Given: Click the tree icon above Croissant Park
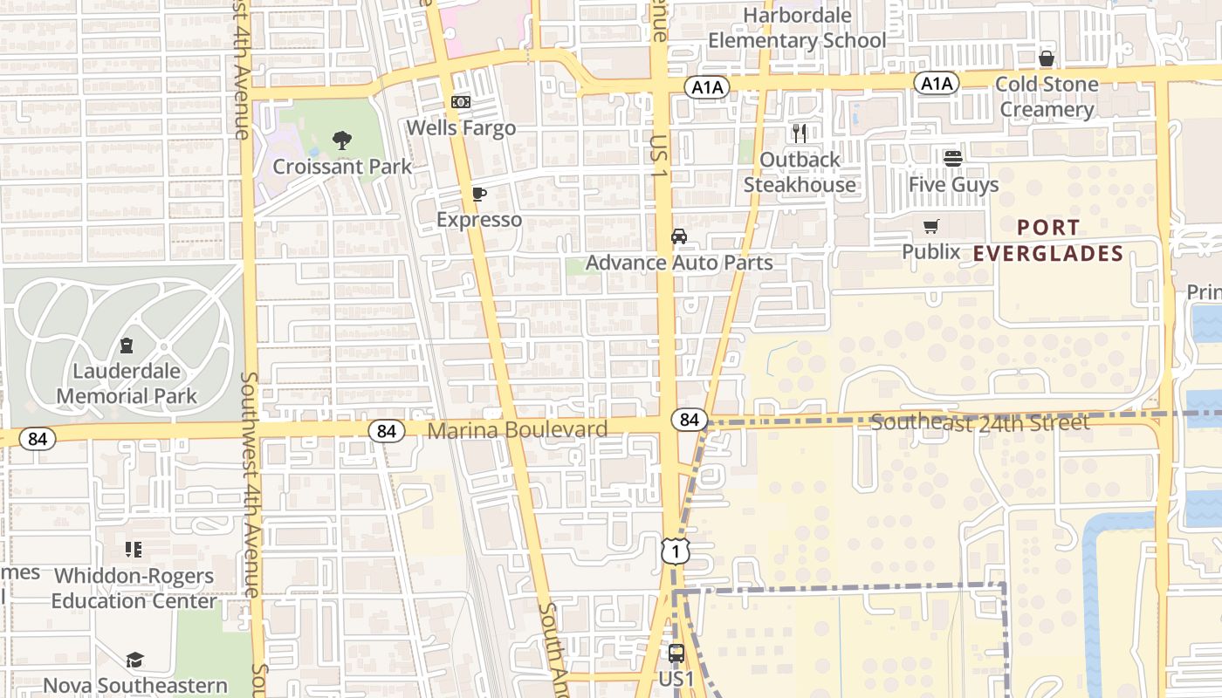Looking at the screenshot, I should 342,140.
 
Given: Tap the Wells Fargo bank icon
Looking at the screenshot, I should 461,102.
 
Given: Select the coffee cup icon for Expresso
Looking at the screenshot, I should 478,194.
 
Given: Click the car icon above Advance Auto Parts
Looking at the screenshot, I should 678,236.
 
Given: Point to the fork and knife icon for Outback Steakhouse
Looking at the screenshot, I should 800,133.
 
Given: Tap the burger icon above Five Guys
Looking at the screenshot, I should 952,159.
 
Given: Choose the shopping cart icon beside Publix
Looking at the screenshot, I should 931,227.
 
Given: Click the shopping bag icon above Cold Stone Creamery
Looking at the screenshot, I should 1046,58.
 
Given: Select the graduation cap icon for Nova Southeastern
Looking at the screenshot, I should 134,660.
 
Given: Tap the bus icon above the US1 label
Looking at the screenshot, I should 676,653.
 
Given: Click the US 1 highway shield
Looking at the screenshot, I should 676,551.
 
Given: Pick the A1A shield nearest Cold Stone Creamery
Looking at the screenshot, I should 937,83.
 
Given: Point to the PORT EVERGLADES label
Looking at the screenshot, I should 1048,241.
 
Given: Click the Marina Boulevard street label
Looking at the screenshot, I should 518,430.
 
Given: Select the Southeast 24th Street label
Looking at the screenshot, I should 980,423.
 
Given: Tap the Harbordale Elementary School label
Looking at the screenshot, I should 797,28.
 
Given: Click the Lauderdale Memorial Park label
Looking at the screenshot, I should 127,383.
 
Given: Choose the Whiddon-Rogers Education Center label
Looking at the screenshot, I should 133,589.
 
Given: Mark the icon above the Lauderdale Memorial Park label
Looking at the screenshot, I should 127,346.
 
